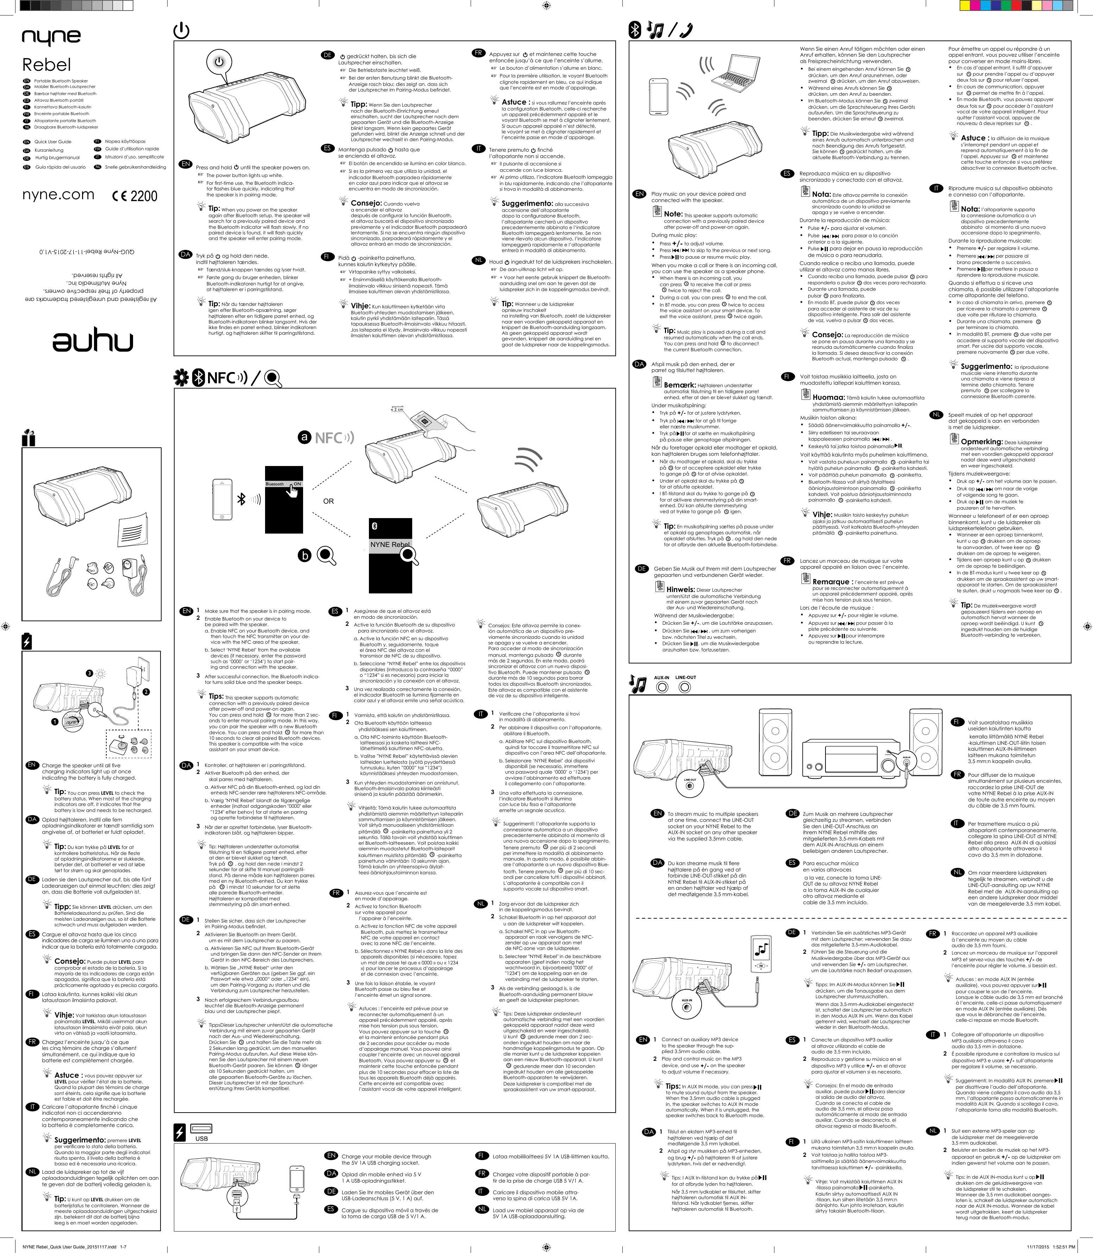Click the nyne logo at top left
[x=51, y=38]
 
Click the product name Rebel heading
[x=47, y=65]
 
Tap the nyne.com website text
[x=58, y=195]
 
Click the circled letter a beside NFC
[x=305, y=438]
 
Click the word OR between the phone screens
[x=328, y=501]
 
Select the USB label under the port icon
[x=201, y=1138]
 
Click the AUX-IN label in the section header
[x=662, y=678]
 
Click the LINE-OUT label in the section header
[x=686, y=678]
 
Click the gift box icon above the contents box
[x=29, y=438]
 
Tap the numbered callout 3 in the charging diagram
[x=89, y=673]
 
